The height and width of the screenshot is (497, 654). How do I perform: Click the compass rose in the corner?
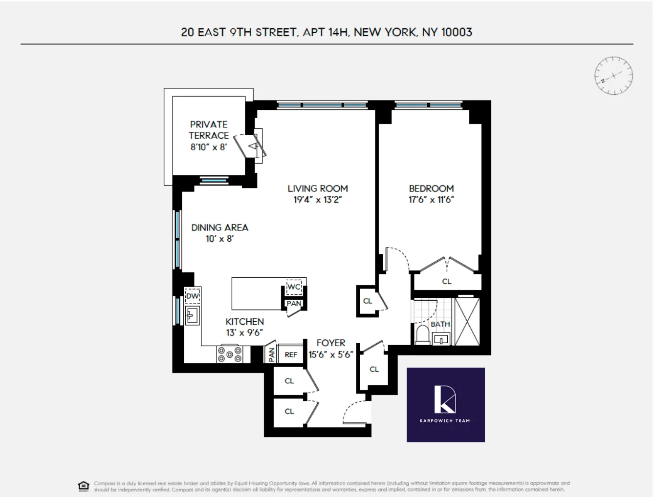click(613, 76)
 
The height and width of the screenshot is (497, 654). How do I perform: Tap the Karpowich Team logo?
click(445, 405)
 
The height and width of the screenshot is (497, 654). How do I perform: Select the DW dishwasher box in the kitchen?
click(193, 296)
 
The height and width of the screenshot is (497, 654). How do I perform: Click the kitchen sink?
click(192, 315)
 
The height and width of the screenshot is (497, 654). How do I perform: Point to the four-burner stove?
click(230, 354)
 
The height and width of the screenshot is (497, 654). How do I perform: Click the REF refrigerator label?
click(291, 355)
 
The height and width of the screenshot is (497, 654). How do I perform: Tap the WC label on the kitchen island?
click(294, 287)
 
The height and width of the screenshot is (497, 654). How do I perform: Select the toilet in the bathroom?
click(422, 335)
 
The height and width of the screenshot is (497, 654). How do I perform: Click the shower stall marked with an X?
click(467, 321)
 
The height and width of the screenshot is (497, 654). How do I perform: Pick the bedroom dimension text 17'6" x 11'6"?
click(431, 200)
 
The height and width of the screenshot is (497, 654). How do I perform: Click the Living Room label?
click(318, 188)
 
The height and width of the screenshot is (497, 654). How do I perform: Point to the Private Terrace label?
click(209, 130)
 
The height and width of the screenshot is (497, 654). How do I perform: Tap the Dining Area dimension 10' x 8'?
click(219, 239)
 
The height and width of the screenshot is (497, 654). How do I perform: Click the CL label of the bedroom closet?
click(446, 282)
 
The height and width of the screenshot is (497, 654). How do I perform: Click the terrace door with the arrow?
click(252, 146)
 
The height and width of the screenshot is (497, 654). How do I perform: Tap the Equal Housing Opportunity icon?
click(84, 486)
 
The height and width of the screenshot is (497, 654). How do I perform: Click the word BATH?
click(440, 324)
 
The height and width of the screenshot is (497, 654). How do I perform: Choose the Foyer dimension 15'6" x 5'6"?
click(331, 355)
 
